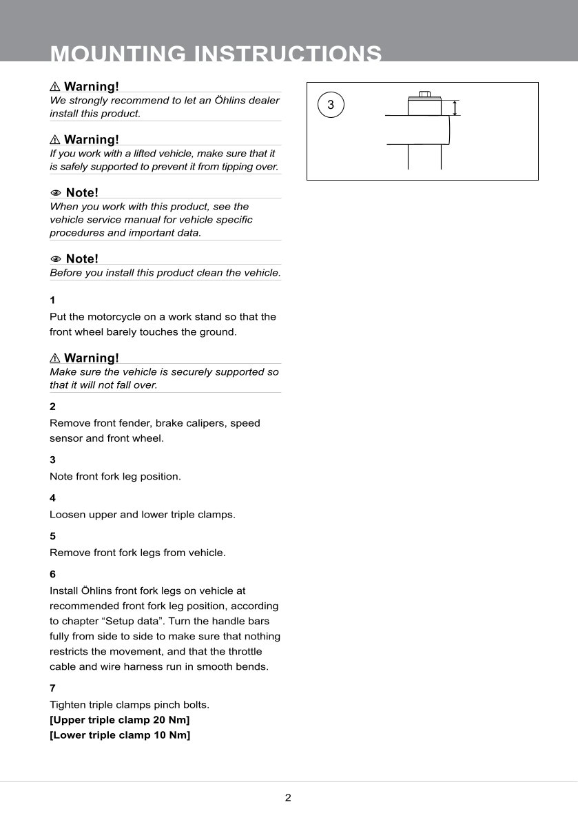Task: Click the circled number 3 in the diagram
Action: (x=331, y=105)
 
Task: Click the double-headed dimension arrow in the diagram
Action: (x=455, y=107)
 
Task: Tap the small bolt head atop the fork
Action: (x=424, y=95)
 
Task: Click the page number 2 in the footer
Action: (x=288, y=798)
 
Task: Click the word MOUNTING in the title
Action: (x=118, y=54)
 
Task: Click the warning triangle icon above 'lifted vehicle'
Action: (x=55, y=140)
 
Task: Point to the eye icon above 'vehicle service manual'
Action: (x=56, y=193)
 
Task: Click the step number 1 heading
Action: (x=52, y=300)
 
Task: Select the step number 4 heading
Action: (x=52, y=498)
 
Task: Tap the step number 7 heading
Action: (x=52, y=688)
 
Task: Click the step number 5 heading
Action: (x=52, y=535)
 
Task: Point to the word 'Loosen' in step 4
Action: (x=68, y=514)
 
